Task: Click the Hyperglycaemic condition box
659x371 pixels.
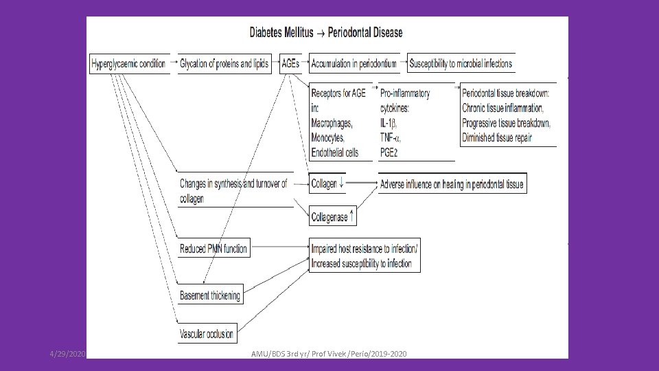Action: (128, 64)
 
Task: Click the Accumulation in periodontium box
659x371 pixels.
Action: (354, 64)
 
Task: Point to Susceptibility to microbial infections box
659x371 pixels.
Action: (461, 64)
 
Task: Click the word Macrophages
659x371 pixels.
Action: (332, 123)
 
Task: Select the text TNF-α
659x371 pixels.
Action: (393, 137)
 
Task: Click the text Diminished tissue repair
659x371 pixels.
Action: (498, 137)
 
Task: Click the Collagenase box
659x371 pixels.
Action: (329, 217)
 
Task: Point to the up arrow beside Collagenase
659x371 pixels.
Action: (352, 216)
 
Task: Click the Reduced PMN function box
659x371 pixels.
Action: (213, 248)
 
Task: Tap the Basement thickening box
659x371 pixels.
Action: (210, 295)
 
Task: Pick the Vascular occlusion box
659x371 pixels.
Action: (207, 335)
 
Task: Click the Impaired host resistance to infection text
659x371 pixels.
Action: (364, 249)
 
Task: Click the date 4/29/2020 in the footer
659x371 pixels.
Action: (67, 353)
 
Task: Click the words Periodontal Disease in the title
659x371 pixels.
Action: (366, 32)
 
